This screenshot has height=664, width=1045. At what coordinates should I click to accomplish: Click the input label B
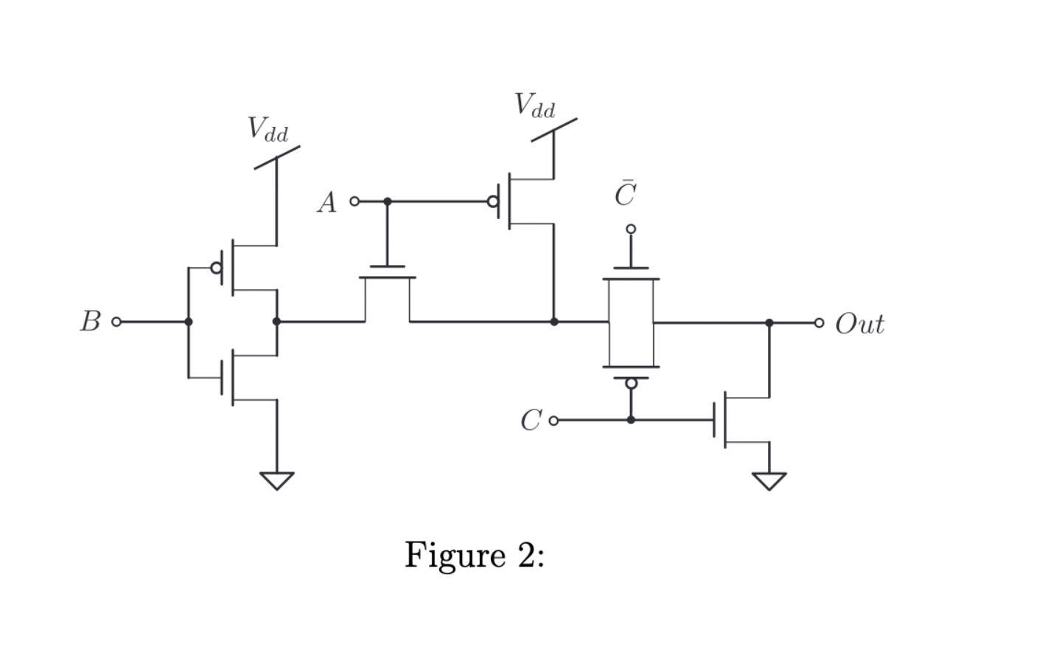[x=91, y=321]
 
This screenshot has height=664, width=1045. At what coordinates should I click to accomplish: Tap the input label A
[x=327, y=202]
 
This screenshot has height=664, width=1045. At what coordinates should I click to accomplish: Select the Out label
[x=860, y=323]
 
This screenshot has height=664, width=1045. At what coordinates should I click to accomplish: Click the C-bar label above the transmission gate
[x=626, y=193]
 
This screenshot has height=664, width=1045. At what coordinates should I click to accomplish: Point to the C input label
[x=531, y=421]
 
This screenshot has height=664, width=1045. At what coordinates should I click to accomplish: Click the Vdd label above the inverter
[x=268, y=129]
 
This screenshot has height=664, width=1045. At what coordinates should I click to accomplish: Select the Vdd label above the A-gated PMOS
[x=535, y=105]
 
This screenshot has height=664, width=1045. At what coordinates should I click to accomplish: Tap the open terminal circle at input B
[x=116, y=322]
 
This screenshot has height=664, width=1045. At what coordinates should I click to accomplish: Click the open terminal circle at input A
[x=354, y=201]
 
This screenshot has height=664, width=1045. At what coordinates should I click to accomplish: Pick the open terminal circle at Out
[x=819, y=322]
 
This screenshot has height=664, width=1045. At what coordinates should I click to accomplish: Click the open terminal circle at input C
[x=553, y=421]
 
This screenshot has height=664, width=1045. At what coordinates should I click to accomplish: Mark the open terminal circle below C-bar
[x=631, y=229]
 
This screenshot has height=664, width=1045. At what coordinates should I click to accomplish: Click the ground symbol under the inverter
[x=277, y=481]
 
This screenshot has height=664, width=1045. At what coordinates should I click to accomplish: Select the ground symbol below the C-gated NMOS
[x=769, y=481]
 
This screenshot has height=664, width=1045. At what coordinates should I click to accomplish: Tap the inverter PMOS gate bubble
[x=217, y=268]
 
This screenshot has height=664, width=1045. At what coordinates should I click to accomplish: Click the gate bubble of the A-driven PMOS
[x=492, y=201]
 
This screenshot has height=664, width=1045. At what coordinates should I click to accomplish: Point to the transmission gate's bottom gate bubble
[x=631, y=384]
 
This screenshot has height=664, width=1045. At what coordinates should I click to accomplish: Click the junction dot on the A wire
[x=387, y=201]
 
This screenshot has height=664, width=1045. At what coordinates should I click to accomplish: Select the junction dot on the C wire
[x=631, y=421]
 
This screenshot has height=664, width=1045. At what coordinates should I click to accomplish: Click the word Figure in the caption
[x=455, y=556]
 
